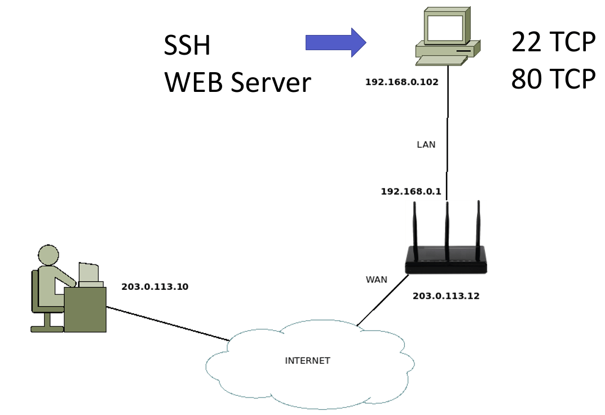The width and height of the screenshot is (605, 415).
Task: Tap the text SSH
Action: point(187,46)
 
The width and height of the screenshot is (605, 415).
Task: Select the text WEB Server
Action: point(237,82)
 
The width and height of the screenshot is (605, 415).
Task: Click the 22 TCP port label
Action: point(553,42)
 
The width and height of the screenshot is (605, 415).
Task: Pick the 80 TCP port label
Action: point(553,80)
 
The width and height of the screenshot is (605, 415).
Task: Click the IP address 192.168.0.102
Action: point(401,82)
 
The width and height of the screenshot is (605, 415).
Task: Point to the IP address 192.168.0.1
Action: point(410,192)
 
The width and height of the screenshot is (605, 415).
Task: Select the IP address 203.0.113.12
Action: point(446,295)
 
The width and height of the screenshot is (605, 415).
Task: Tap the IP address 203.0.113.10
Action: point(154,286)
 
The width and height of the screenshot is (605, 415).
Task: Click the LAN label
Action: point(426,144)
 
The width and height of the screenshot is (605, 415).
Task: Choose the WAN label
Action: point(376,279)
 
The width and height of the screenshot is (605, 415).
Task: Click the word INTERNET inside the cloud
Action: point(307,360)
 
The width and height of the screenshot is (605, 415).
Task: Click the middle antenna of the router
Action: point(447,226)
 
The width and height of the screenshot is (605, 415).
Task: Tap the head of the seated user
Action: point(48,255)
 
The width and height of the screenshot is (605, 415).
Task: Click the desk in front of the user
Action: point(85,310)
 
